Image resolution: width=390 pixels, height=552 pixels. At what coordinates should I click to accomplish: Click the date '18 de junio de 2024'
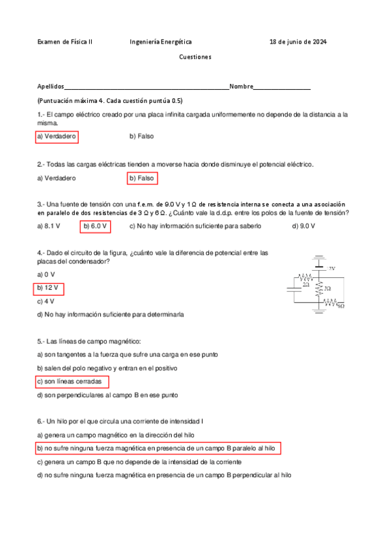tap(298, 41)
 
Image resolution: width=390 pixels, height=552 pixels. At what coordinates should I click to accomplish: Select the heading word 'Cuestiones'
tap(195, 57)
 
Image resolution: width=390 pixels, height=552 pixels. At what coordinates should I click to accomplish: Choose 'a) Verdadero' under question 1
tap(57, 137)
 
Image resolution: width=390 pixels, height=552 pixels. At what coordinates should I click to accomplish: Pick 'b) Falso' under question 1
tap(141, 137)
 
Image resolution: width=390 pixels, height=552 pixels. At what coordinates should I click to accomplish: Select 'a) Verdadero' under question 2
tap(57, 178)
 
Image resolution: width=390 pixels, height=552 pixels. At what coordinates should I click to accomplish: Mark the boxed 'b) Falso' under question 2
tap(143, 178)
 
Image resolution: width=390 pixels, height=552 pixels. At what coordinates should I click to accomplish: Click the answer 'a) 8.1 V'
tap(49, 226)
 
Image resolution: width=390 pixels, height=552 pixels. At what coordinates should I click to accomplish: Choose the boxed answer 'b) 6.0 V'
tap(95, 226)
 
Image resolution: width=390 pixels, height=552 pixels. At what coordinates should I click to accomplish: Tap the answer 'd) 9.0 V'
tap(304, 226)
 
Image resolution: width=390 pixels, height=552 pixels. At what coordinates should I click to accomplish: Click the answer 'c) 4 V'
tap(46, 301)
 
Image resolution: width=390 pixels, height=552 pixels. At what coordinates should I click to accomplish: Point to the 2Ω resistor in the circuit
tap(306, 278)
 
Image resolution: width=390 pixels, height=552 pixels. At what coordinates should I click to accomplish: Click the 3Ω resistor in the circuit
tap(319, 288)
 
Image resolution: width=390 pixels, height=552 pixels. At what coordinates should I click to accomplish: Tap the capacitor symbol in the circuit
tap(294, 290)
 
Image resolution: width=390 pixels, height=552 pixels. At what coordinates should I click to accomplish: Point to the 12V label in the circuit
tap(331, 268)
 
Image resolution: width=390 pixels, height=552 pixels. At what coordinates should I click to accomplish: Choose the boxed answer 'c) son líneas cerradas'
tap(72, 381)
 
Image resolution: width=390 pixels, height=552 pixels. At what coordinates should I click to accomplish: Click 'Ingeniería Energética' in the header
tap(156, 41)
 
